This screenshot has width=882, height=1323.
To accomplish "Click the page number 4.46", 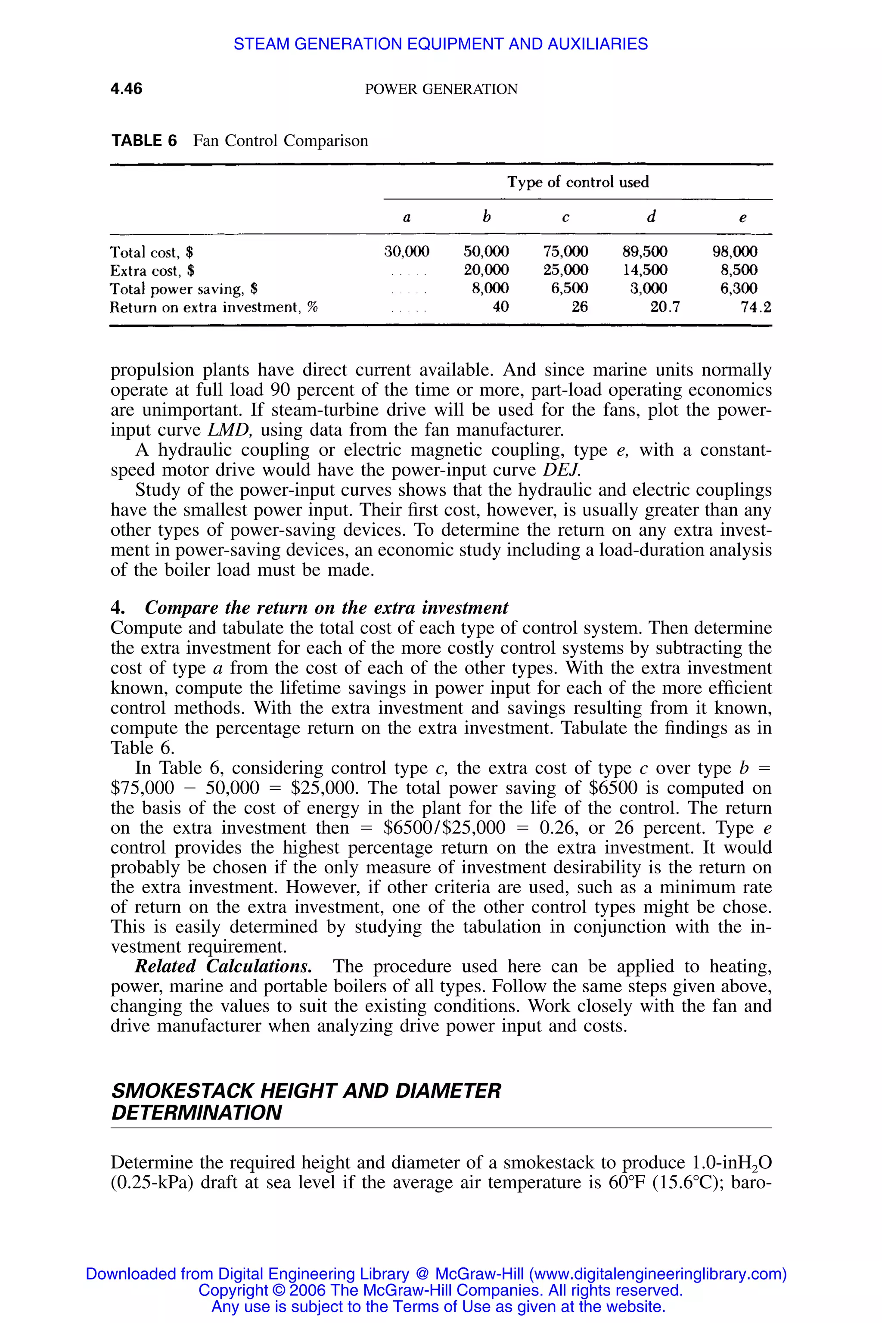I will [x=127, y=89].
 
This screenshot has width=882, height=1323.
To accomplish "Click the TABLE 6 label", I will [x=144, y=141].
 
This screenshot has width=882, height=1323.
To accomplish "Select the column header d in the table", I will [x=651, y=217].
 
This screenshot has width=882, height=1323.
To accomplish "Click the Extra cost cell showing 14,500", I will [x=645, y=270].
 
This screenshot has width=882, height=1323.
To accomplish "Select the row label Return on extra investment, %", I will [x=214, y=307].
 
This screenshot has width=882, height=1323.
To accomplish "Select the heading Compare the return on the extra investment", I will [x=326, y=608].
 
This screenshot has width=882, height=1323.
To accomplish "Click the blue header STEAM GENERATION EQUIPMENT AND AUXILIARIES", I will [x=441, y=44].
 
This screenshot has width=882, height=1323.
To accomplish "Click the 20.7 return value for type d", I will [x=665, y=307].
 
